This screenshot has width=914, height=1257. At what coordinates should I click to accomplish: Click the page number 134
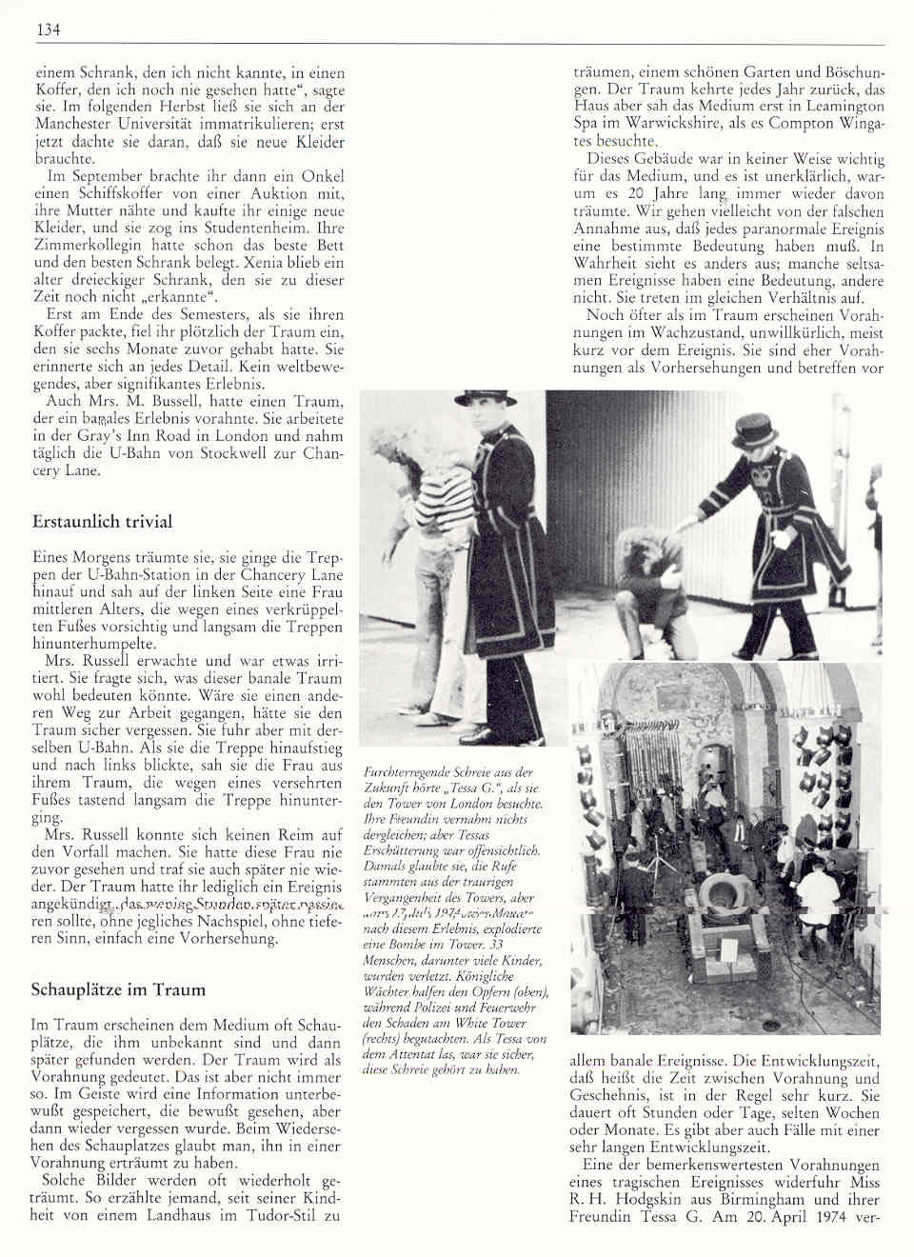pos(48,30)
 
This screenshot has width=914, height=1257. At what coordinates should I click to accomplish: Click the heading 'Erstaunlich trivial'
pos(102,522)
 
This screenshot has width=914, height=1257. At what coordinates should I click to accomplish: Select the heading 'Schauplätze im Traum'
pos(118,989)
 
